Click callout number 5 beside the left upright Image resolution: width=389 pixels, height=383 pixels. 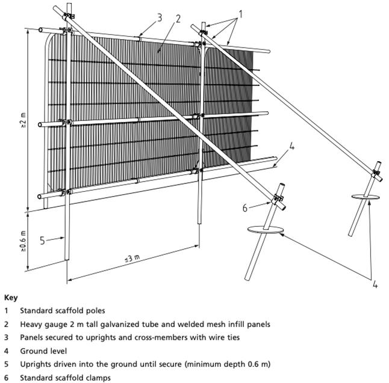(43, 241)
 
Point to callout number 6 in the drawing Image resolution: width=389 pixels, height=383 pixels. (245, 208)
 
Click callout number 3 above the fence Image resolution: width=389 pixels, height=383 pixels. (160, 17)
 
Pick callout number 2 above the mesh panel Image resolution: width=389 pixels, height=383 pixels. (178, 18)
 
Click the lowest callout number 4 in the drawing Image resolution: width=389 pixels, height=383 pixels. (375, 284)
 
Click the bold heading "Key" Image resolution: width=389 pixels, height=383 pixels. (11, 298)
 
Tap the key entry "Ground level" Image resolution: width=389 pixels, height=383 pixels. (43, 351)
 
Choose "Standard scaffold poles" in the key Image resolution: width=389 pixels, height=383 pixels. (61, 311)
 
